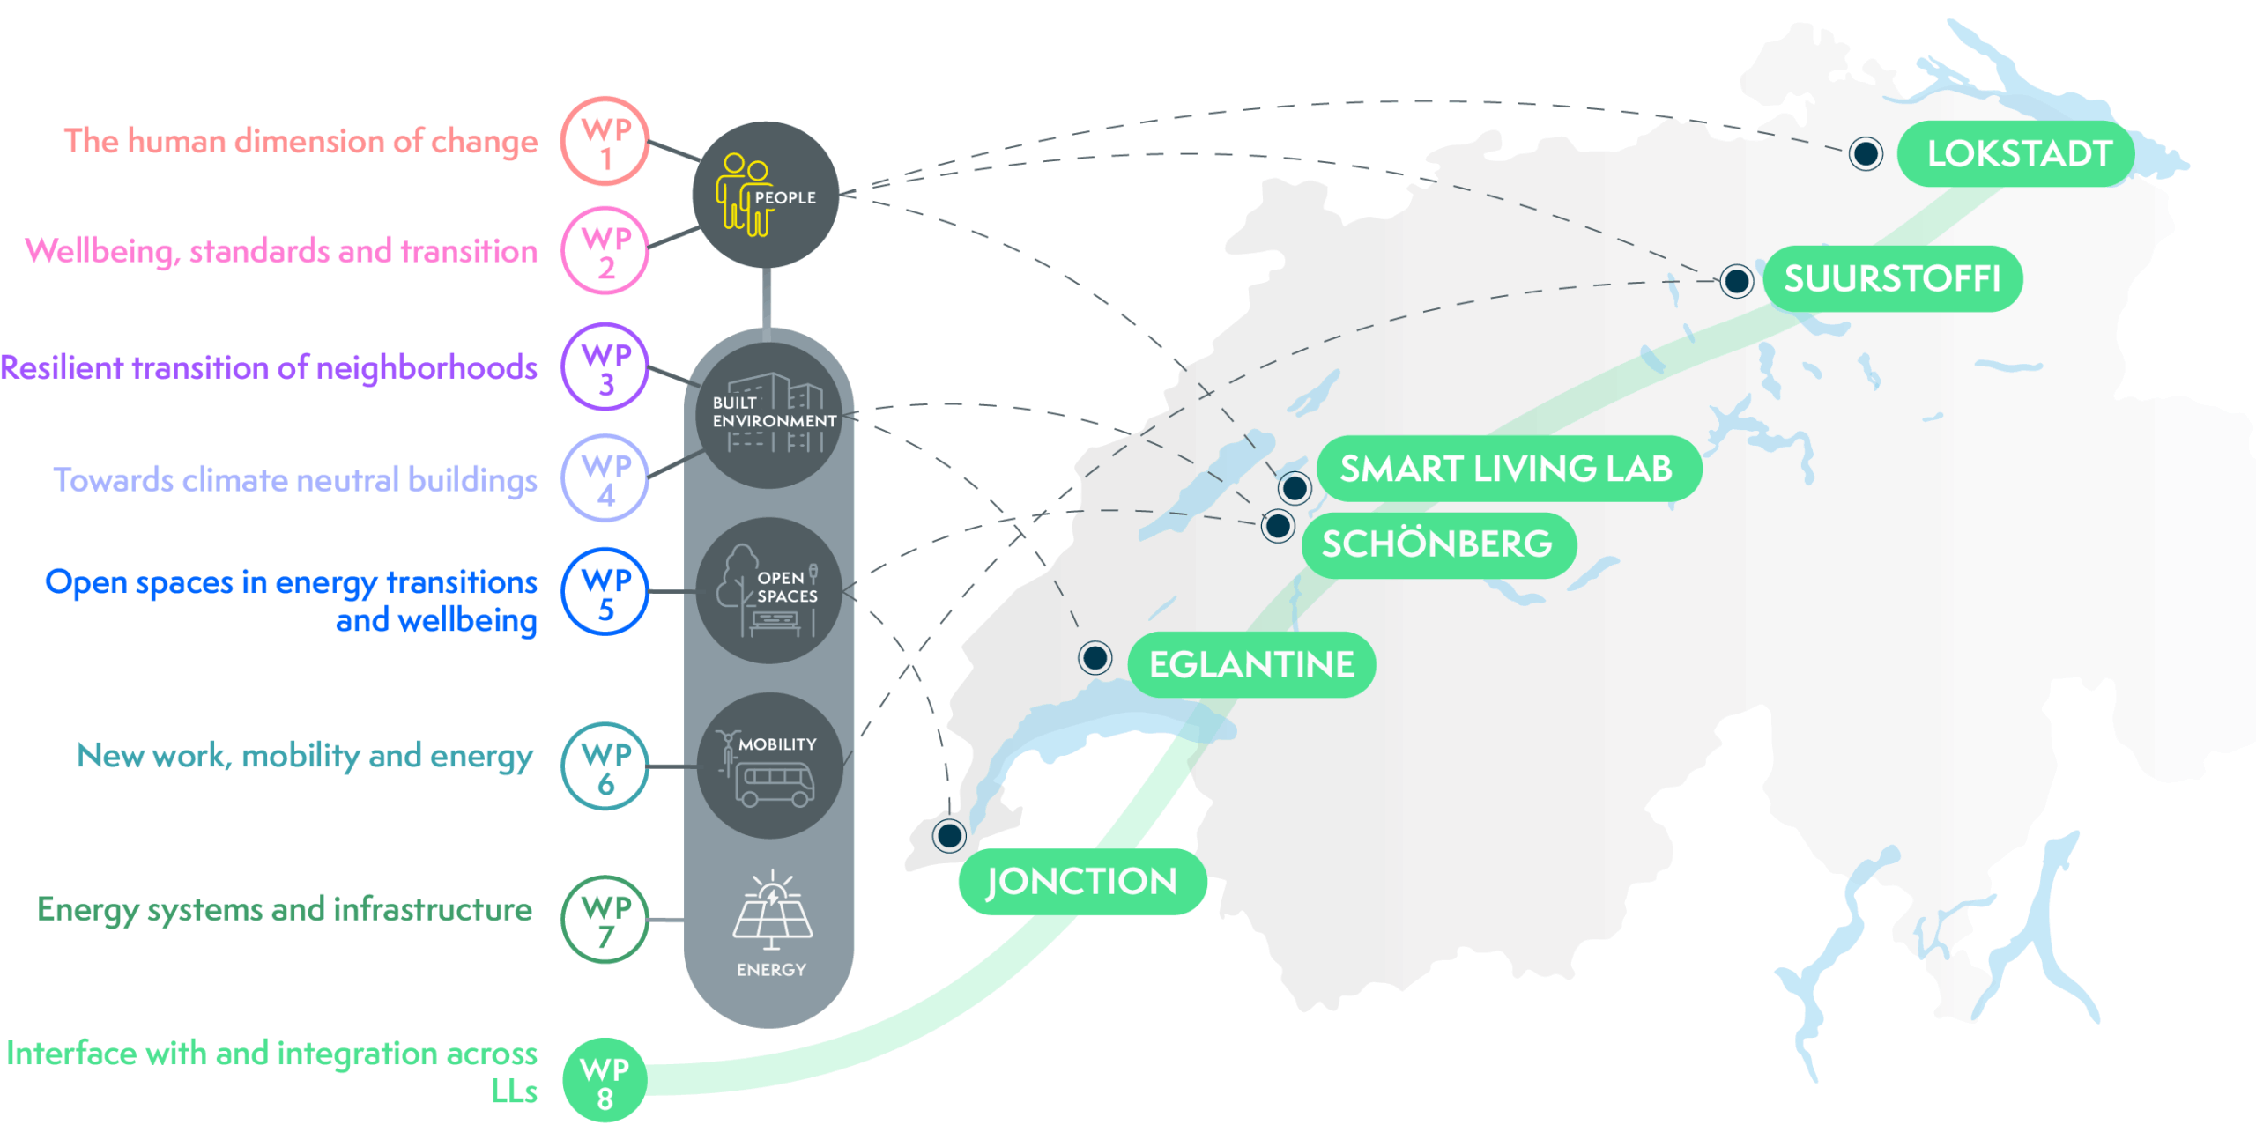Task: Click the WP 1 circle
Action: tap(605, 141)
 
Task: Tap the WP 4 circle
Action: tap(605, 478)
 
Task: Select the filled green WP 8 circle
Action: tap(605, 1081)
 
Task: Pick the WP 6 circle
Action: tap(605, 766)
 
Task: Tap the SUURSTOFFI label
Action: tap(1892, 278)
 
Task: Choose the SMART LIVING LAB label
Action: tap(1508, 469)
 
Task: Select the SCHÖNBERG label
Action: tap(1437, 544)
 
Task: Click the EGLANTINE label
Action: tap(1251, 665)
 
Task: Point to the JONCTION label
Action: tap(1081, 882)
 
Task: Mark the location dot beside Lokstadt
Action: tap(1866, 154)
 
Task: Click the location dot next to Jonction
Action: tap(949, 835)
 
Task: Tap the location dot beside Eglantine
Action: tap(1095, 657)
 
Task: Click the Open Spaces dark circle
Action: tap(769, 590)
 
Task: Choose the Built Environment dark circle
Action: tap(769, 415)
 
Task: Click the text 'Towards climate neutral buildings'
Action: tap(295, 480)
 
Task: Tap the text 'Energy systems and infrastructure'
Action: tap(285, 910)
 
